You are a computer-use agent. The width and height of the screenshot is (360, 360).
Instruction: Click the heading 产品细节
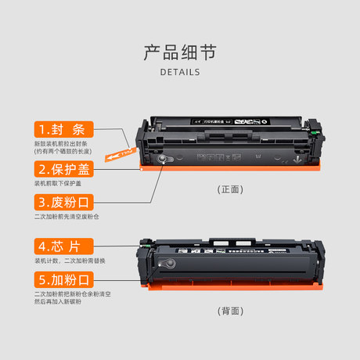click(179, 52)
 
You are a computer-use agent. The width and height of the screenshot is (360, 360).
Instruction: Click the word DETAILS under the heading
click(179, 72)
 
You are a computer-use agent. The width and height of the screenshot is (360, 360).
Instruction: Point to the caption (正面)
click(230, 189)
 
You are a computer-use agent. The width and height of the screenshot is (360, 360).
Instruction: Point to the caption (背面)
click(230, 310)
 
